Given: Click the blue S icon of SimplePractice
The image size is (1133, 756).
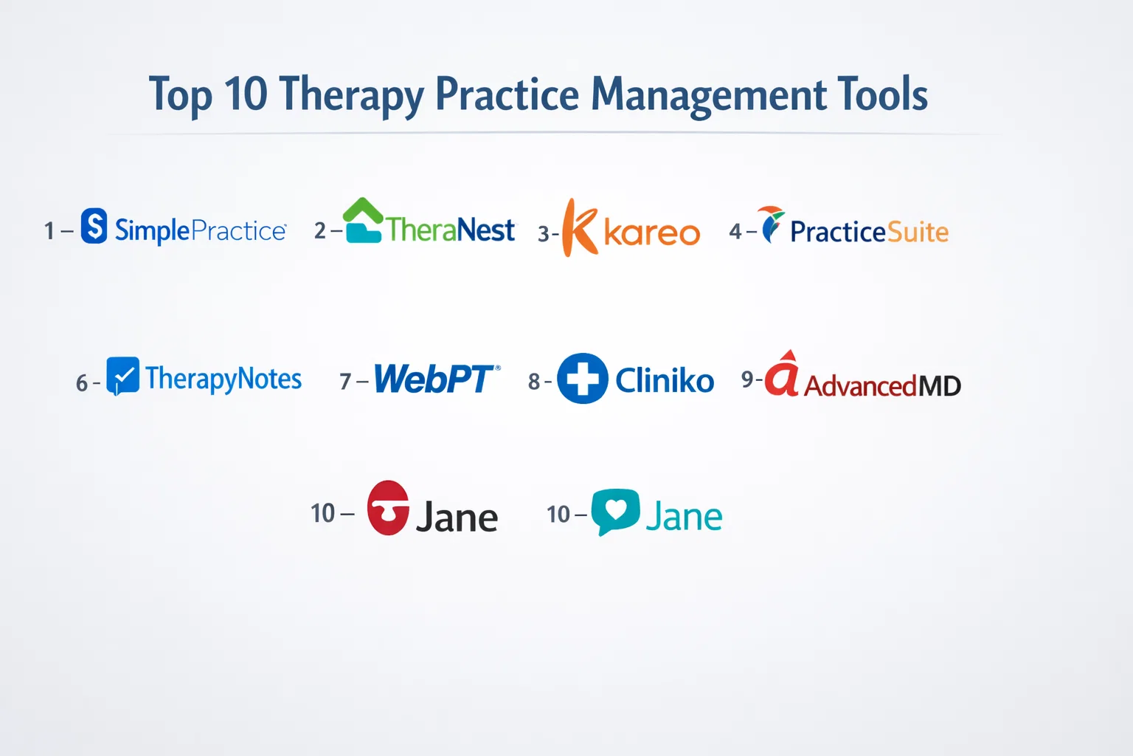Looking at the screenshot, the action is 94,225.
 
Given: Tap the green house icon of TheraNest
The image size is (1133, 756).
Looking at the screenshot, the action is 363,220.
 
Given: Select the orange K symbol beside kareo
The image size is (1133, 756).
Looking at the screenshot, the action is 580,227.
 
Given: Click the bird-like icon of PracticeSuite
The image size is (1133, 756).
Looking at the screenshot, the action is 770,224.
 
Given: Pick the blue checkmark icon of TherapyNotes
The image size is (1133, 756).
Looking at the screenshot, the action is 123,376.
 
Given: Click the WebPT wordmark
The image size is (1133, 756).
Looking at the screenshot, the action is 437,378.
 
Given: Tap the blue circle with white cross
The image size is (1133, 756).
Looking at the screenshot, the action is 582,378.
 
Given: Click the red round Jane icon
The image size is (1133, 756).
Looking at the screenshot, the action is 388,508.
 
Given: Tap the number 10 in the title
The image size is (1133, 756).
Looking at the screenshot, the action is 246,93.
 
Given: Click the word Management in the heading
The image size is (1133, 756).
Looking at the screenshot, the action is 708,96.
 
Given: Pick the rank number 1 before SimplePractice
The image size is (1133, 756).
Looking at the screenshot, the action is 49,231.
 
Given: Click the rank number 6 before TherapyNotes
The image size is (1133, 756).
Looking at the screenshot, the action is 81,383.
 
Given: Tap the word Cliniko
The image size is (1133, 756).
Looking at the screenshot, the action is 665,380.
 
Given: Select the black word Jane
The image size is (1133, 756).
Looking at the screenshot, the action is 457,517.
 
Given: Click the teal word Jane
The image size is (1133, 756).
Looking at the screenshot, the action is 684,515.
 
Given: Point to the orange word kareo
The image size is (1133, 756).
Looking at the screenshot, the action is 653,233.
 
